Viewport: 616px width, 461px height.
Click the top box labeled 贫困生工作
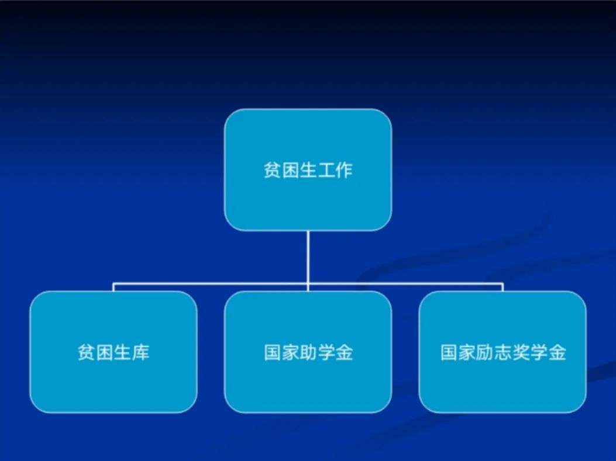(308, 169)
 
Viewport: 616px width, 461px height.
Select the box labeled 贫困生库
(113, 352)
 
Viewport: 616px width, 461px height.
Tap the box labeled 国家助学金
(308, 352)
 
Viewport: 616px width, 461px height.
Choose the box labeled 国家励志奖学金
(503, 352)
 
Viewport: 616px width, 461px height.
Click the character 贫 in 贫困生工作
(272, 170)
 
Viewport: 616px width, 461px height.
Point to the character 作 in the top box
(344, 170)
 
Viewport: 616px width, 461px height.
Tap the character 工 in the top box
(326, 170)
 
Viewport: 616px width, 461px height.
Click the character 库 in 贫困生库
(140, 352)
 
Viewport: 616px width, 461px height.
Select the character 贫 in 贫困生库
(87, 352)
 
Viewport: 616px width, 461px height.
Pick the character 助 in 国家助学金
(308, 352)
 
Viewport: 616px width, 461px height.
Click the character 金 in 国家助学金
(344, 352)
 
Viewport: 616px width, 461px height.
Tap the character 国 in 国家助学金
(272, 352)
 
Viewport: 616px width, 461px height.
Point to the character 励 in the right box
(484, 352)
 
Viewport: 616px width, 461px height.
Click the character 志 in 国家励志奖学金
(503, 352)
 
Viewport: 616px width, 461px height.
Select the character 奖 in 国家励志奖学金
(521, 352)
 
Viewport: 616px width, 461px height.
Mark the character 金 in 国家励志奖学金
(557, 352)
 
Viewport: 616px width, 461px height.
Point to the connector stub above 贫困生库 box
(113, 287)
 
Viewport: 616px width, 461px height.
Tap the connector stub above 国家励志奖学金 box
(503, 287)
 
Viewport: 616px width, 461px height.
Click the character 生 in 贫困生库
(123, 352)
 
